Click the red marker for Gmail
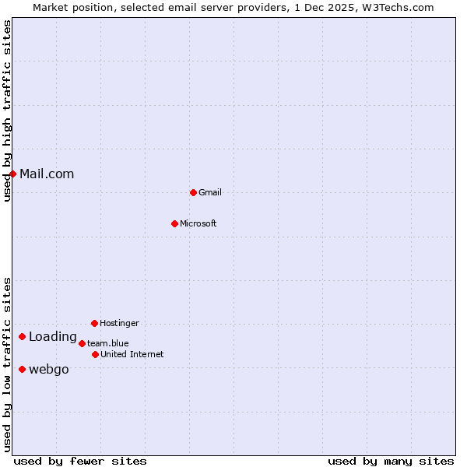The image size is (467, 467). coord(193,192)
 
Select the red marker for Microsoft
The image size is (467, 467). coord(174,223)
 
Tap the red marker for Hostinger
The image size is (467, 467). coord(94,323)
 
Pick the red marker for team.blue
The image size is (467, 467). coord(82,343)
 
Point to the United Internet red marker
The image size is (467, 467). coord(95,354)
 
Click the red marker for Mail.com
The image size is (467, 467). coord(12,174)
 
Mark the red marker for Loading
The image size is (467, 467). coord(22,336)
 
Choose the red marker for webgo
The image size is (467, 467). coord(22,369)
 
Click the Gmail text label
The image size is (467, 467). coord(210,192)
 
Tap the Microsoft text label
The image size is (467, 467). coord(198,223)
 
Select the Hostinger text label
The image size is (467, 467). coord(119,323)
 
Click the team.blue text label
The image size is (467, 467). coord(108,343)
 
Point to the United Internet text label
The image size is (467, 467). coord(132,354)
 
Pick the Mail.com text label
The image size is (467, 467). coord(47,174)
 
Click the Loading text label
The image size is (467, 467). coord(53,336)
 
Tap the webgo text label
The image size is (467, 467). coord(49,369)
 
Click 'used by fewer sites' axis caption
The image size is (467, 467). coord(80,461)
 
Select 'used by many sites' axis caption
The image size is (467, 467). coord(391,461)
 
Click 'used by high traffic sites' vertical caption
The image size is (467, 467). coord(7,111)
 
